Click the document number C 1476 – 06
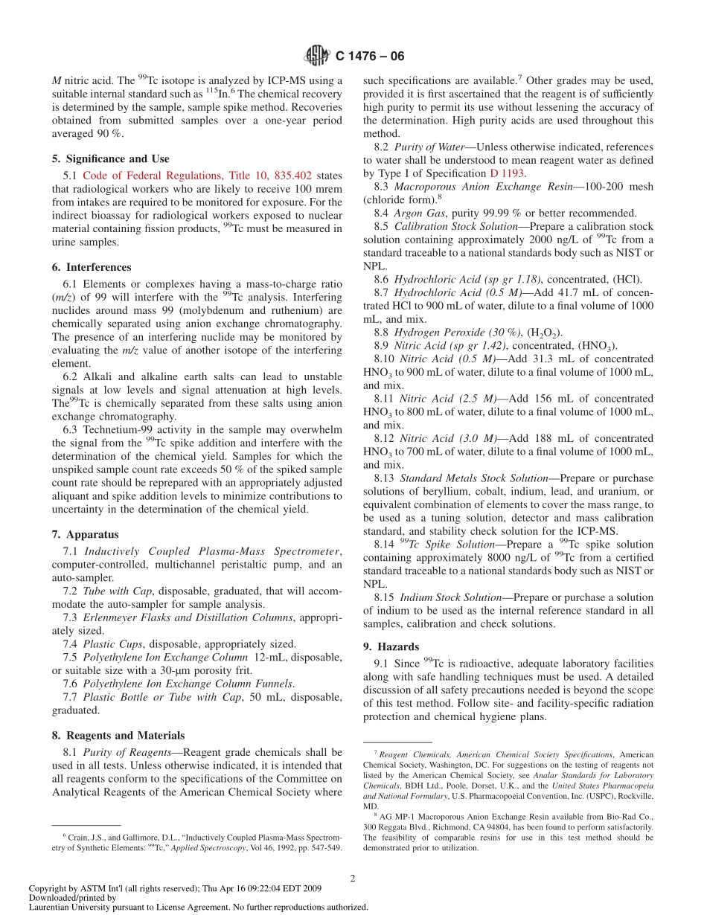370,57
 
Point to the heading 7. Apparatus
85,534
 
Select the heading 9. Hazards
391,646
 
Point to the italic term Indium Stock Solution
450,597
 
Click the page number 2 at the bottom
353,878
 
